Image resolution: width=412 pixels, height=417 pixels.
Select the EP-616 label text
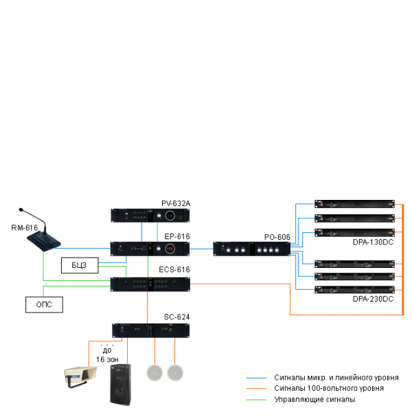[x=176, y=236]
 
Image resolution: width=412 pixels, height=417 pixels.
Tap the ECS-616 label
[x=176, y=270]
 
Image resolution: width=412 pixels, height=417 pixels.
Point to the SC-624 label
[x=176, y=317]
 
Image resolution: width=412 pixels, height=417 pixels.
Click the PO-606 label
[x=277, y=237]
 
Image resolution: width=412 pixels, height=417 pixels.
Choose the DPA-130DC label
[x=373, y=243]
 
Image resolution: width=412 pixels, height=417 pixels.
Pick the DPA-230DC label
[x=373, y=299]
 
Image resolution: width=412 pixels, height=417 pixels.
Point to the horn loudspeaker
[x=79, y=375]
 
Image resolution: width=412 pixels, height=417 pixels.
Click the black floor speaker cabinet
[x=122, y=387]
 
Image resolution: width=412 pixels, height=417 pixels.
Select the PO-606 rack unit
[x=251, y=249]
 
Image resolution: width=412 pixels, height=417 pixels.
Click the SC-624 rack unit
[x=150, y=330]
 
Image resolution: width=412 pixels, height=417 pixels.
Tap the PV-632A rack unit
[x=150, y=216]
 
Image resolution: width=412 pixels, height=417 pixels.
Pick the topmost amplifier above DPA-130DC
[x=354, y=203]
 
